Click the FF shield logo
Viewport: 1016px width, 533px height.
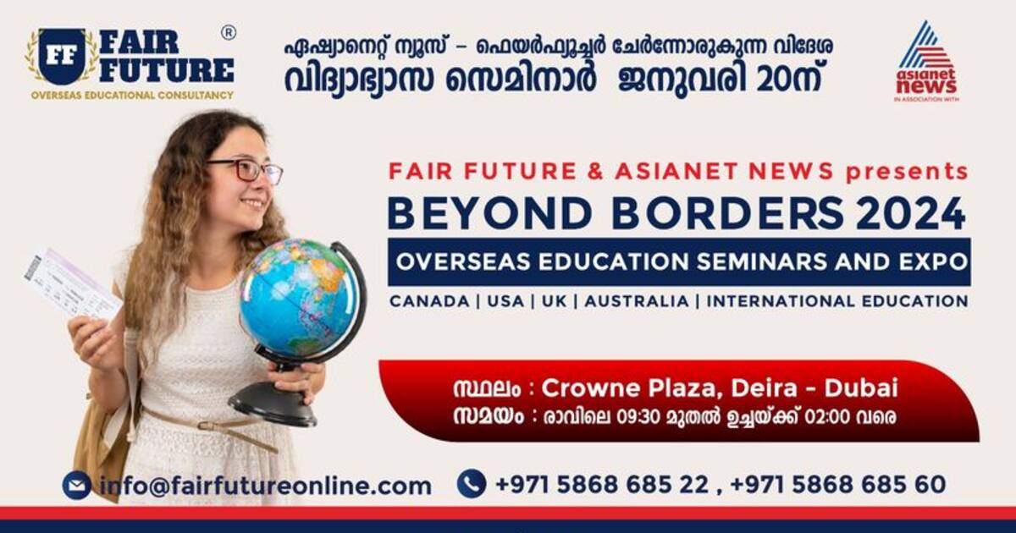(x=62, y=57)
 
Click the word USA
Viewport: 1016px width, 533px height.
(x=505, y=301)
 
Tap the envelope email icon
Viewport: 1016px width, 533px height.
(x=77, y=486)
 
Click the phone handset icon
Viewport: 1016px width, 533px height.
(x=472, y=484)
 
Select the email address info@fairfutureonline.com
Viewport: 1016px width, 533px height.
(x=265, y=486)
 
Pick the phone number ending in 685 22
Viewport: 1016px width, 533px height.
(x=601, y=485)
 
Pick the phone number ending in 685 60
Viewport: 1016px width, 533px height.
(x=837, y=485)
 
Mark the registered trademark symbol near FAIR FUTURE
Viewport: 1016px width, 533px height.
(x=229, y=32)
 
